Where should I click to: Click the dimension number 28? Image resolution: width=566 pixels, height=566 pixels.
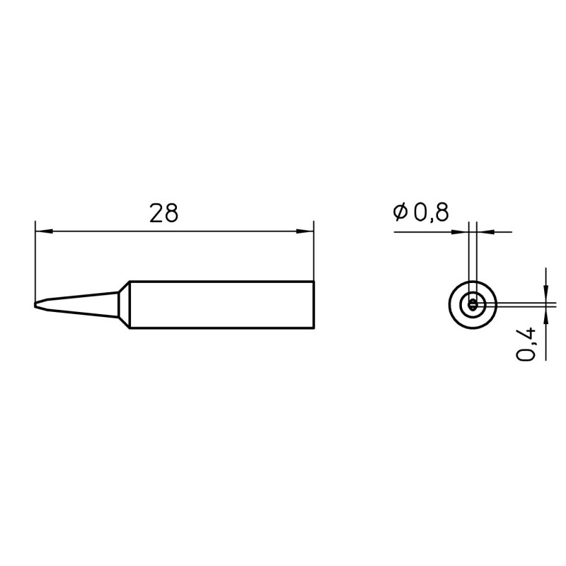coord(163,214)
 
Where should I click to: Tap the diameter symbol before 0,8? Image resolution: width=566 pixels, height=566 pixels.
coord(400,212)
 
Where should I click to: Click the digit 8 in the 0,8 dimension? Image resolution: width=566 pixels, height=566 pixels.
coord(441,212)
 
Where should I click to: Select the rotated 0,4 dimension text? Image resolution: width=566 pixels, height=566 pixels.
coord(526,344)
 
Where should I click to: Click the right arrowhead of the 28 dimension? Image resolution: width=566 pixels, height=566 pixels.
coord(305,231)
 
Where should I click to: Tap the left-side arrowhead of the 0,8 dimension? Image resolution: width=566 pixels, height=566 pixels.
coord(461,232)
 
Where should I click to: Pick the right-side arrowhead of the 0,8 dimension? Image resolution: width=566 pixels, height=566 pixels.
coord(485,232)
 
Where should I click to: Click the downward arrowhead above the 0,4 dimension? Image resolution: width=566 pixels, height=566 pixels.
coord(545,294)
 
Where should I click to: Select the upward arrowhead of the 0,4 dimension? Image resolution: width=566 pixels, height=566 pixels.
coord(545,316)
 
